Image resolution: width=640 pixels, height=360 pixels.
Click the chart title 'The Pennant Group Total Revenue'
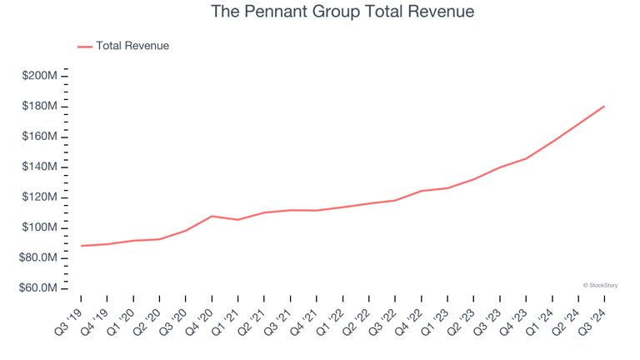coord(342,12)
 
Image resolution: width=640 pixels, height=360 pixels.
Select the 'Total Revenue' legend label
coord(132,46)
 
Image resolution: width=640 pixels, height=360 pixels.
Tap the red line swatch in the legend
coord(85,47)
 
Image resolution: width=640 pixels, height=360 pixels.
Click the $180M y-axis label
coord(41,107)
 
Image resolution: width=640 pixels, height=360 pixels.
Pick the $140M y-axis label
coord(41,167)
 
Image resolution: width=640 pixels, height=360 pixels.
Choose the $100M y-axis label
coord(41,227)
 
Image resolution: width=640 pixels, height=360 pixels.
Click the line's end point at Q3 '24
coord(604,106)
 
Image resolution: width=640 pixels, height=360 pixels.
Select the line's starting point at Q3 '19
coord(81,246)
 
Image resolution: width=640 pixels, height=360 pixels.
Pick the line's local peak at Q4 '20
coord(212,216)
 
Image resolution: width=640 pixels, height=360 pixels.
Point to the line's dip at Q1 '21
coord(238,220)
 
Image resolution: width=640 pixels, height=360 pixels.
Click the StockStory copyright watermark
coord(600,285)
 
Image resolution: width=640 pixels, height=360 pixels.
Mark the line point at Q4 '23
coord(526,158)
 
